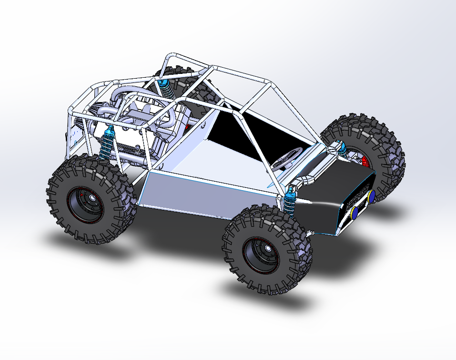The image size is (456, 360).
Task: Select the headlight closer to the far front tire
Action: [371, 195]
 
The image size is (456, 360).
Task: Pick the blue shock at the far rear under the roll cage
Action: [165, 89]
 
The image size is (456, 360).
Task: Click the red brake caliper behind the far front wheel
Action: [365, 161]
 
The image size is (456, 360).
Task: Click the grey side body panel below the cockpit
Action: [205, 191]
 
